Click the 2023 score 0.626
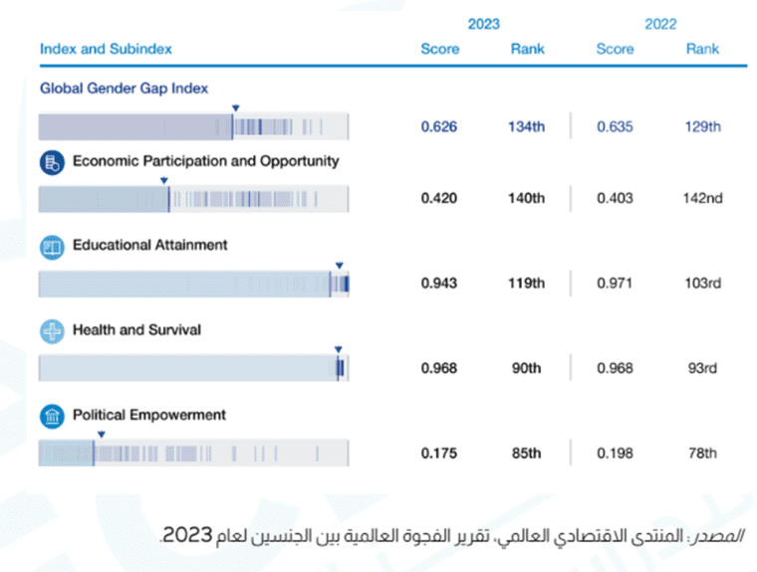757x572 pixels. [438, 127]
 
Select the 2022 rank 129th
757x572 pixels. [702, 127]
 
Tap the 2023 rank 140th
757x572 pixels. [527, 198]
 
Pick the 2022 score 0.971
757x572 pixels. [615, 284]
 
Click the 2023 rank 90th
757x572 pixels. [527, 368]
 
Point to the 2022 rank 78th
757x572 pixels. [702, 454]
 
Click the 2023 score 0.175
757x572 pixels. [438, 454]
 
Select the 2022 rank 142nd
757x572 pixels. [702, 198]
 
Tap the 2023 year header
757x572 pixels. [483, 24]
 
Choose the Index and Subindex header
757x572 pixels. [106, 49]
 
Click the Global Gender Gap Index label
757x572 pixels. [124, 88]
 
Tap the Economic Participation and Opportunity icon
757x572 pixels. [51, 163]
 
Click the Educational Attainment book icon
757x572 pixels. [51, 248]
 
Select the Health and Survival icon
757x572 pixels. [51, 332]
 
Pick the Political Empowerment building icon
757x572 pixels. [51, 417]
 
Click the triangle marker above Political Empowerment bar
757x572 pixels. [101, 434]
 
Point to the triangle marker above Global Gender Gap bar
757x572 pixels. [235, 107]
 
